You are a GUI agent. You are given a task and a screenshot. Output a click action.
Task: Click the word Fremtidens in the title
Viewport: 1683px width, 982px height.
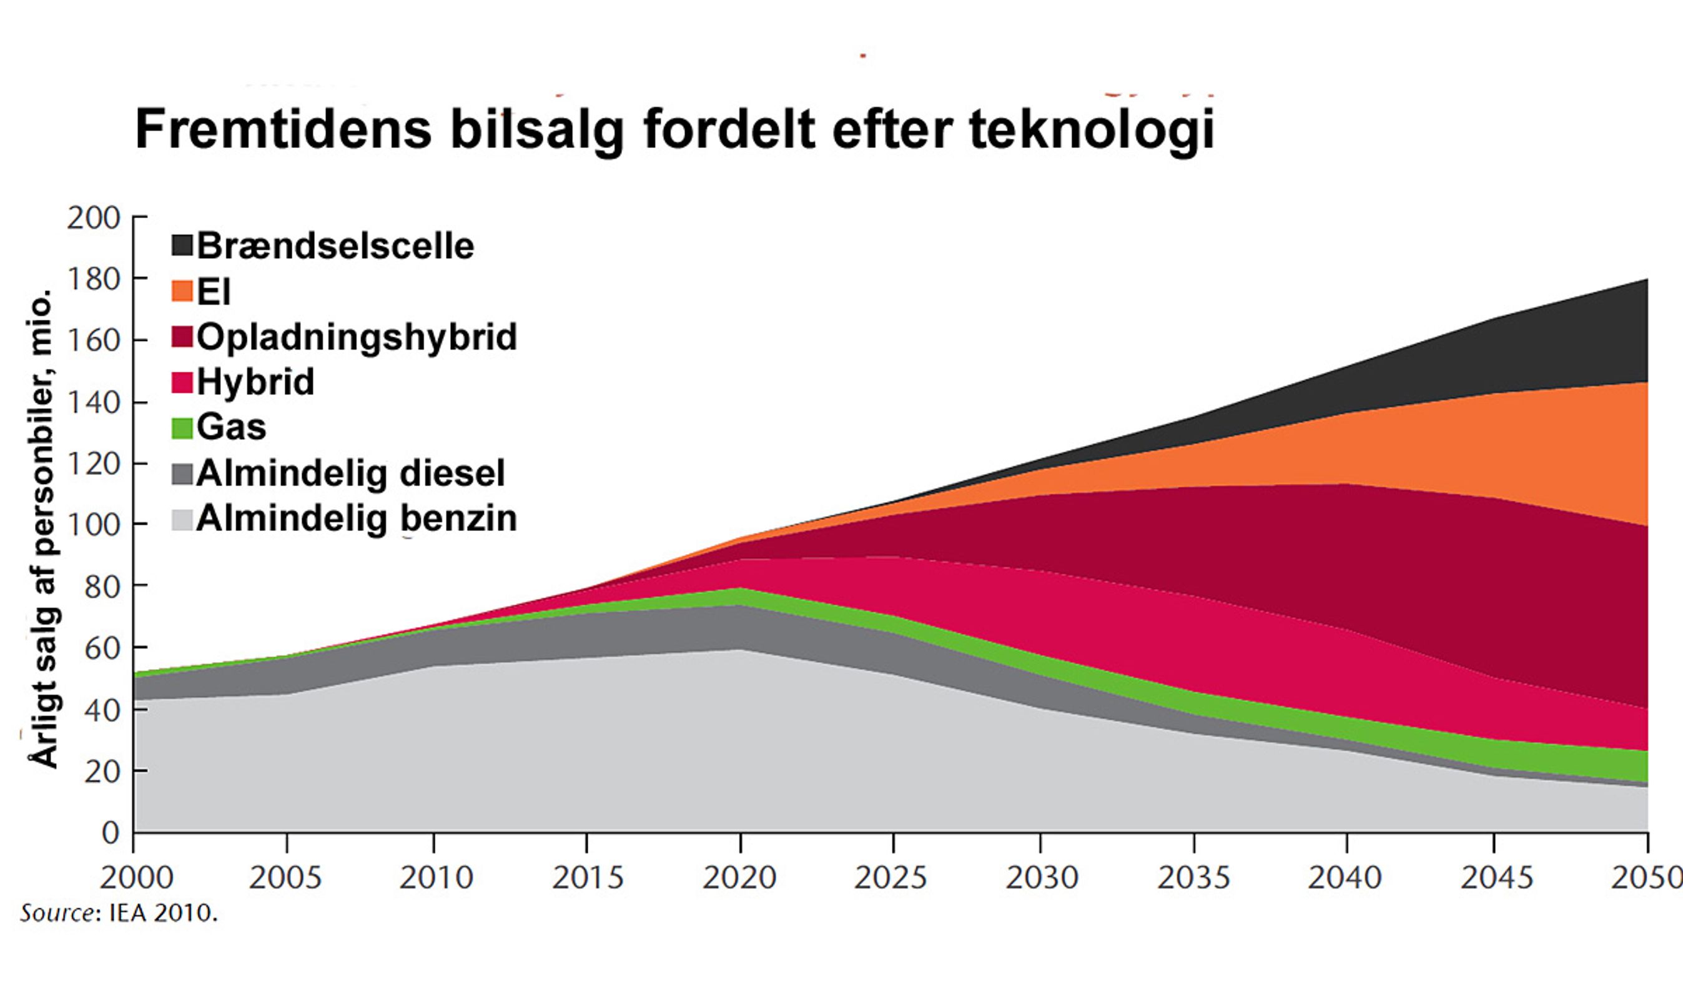[x=284, y=129]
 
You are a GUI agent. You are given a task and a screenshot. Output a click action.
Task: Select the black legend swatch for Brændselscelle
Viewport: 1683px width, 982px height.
[x=182, y=245]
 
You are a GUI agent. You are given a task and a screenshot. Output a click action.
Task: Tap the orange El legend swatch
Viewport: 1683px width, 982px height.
[x=182, y=290]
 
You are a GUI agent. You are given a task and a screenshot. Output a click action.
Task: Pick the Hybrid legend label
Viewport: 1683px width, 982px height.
[x=255, y=382]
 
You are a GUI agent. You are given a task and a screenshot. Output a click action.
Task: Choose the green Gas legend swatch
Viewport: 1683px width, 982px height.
[x=182, y=427]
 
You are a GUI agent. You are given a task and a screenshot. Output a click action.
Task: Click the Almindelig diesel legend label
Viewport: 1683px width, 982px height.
[x=350, y=474]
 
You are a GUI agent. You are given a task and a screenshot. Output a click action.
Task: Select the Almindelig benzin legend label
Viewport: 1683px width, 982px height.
[x=357, y=518]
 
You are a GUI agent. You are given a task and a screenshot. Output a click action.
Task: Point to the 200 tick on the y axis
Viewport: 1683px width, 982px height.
[x=94, y=219]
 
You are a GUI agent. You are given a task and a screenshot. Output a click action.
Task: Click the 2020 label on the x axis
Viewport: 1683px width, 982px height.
[x=739, y=877]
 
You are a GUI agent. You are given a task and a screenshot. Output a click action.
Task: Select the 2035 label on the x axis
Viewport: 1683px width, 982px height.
[x=1193, y=877]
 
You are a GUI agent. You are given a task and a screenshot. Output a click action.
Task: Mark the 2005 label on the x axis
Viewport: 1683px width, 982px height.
[x=286, y=877]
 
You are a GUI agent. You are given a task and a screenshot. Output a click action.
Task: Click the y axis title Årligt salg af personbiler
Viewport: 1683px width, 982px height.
[x=41, y=528]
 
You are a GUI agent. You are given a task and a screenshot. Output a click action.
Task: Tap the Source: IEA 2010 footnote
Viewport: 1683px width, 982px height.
[x=119, y=913]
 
